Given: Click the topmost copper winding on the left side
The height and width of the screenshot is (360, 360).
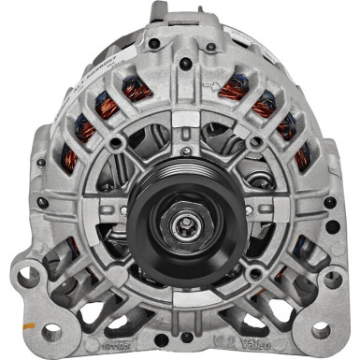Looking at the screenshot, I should pyautogui.click(x=137, y=89).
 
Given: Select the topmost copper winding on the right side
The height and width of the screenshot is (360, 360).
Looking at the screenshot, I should pyautogui.click(x=233, y=89).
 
